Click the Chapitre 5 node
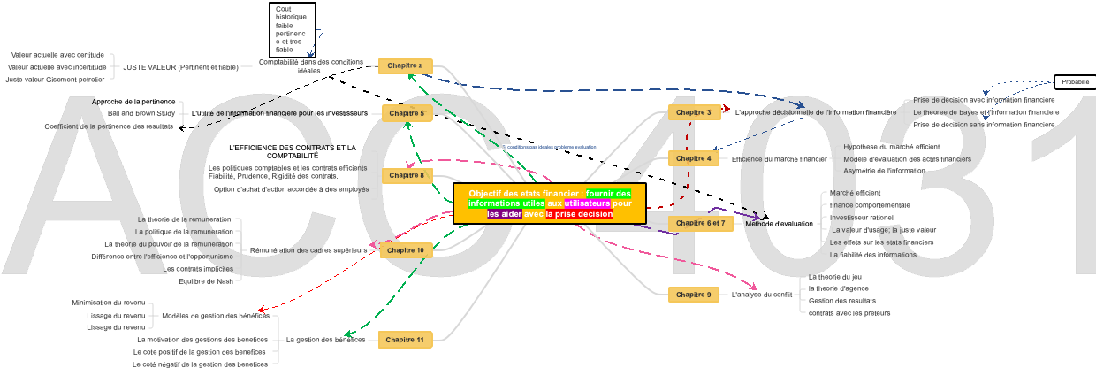[x=407, y=113]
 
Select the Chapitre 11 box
[x=406, y=340]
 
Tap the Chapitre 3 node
[x=693, y=112]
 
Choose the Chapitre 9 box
[x=693, y=295]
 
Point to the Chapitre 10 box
[x=407, y=250]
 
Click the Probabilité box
[x=1075, y=82]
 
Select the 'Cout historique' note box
[x=293, y=30]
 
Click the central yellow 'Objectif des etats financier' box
[x=550, y=203]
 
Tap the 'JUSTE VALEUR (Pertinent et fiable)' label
[x=180, y=67]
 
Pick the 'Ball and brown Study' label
[x=141, y=114]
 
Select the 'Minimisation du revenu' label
[x=109, y=303]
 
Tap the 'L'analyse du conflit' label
[x=762, y=295]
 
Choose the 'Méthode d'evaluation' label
[x=779, y=224]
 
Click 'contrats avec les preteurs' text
[x=849, y=313]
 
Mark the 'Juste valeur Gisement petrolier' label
[x=55, y=80]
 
